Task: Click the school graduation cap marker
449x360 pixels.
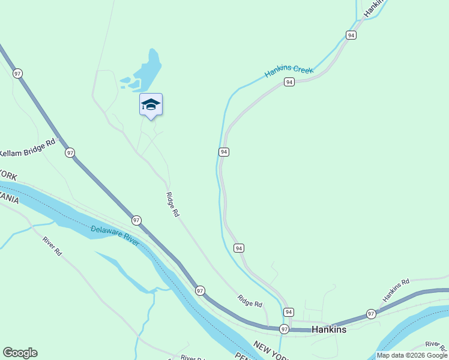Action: click(151, 104)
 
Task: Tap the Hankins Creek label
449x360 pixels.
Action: click(289, 73)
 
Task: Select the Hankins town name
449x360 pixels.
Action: click(329, 329)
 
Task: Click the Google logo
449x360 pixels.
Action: click(20, 353)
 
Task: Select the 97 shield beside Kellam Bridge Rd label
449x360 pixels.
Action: click(70, 152)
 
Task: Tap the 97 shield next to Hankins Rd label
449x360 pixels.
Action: click(371, 314)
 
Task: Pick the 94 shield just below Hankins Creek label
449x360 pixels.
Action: click(289, 82)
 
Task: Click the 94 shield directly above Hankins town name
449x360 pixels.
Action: click(289, 312)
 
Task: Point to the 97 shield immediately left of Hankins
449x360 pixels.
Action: click(284, 329)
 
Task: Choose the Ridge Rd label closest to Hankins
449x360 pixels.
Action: click(250, 301)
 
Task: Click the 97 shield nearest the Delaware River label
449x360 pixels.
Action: click(137, 220)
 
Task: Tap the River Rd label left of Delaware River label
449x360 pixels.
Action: click(52, 246)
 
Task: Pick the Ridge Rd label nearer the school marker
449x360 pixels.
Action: click(173, 204)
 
